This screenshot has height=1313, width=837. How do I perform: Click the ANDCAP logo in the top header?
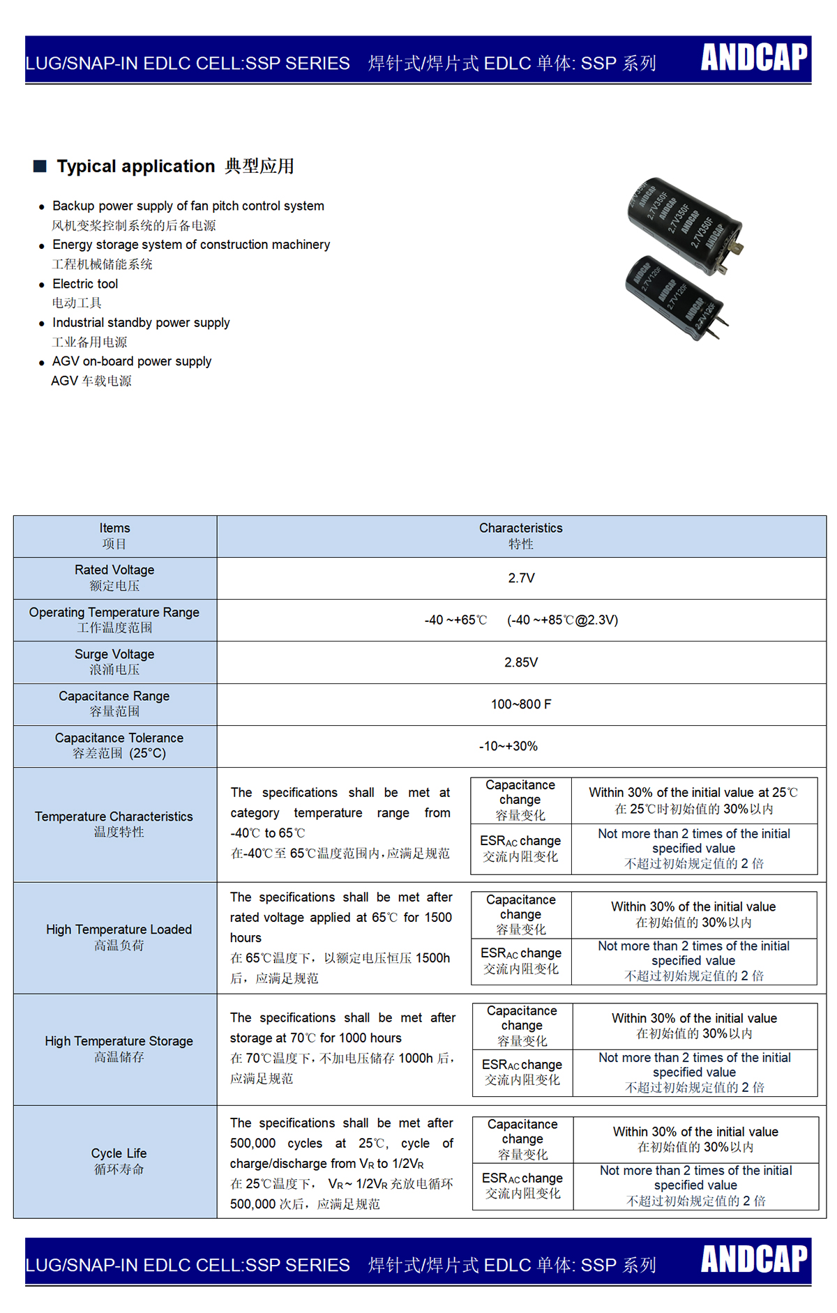pyautogui.click(x=754, y=58)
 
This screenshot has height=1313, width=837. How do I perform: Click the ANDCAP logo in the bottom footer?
pyautogui.click(x=754, y=1259)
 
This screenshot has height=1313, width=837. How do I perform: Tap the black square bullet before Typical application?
pyautogui.click(x=40, y=166)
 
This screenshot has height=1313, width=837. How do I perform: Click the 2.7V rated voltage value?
pyautogui.click(x=521, y=578)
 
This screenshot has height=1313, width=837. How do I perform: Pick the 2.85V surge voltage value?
pyautogui.click(x=521, y=662)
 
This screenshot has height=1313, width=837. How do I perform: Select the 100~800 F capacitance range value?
pyautogui.click(x=521, y=704)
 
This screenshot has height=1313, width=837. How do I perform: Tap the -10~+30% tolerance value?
pyautogui.click(x=508, y=746)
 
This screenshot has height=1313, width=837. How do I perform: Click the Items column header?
pyautogui.click(x=114, y=536)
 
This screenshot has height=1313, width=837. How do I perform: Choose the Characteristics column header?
pyautogui.click(x=521, y=536)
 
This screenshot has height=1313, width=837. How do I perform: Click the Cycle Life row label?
pyautogui.click(x=119, y=1160)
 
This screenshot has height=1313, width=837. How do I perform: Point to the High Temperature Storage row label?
pyautogui.click(x=119, y=1048)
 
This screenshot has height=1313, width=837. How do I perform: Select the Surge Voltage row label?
pyautogui.click(x=114, y=661)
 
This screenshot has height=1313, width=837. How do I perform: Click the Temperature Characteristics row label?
pyautogui.click(x=114, y=824)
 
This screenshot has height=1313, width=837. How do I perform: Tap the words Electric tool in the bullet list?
pyautogui.click(x=85, y=284)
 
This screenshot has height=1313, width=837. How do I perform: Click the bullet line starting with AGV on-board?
pyautogui.click(x=132, y=361)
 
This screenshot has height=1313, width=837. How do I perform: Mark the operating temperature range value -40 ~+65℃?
pyautogui.click(x=455, y=620)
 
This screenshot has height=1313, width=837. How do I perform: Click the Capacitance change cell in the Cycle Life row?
pyautogui.click(x=522, y=1139)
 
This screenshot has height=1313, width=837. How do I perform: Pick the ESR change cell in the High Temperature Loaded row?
pyautogui.click(x=521, y=960)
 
